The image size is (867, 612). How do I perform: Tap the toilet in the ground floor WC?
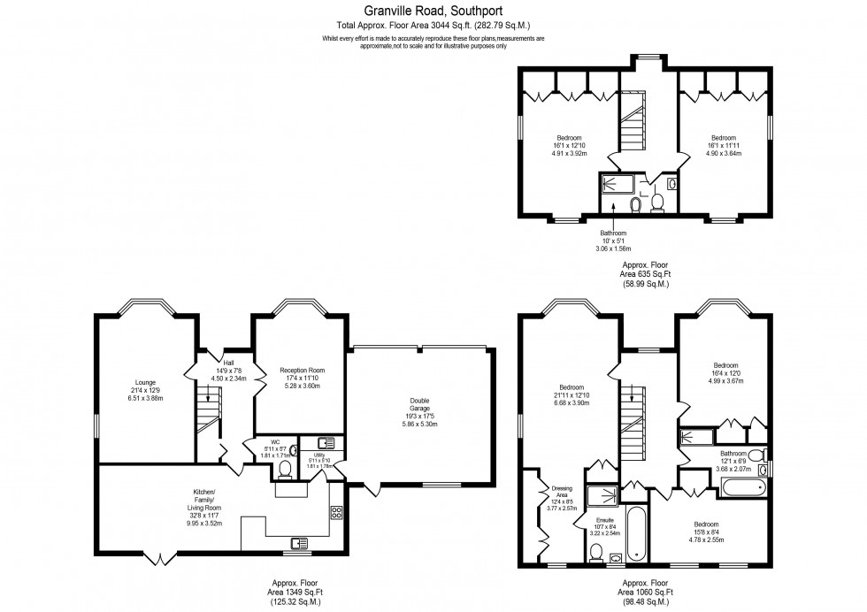click(x=284, y=467)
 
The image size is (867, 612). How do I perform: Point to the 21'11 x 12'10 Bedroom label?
click(x=571, y=394)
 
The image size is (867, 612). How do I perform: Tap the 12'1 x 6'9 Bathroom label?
click(x=733, y=458)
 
